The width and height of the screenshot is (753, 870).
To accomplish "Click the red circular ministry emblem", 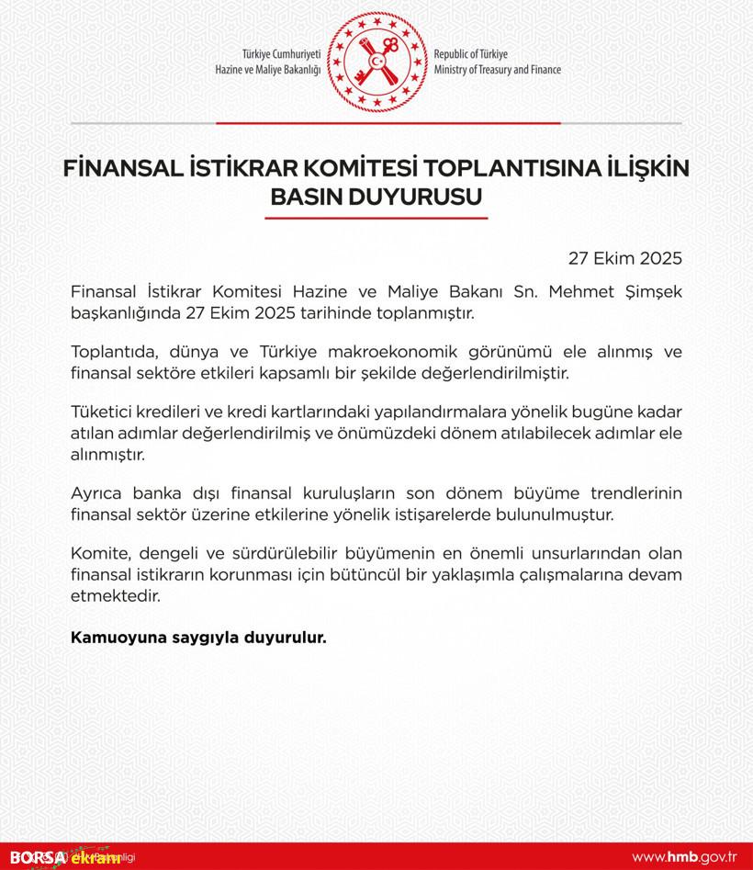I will tap(377, 61).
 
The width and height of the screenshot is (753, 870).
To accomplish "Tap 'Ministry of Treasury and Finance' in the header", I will tap(497, 70).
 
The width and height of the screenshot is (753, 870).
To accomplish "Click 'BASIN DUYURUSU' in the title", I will tap(376, 197).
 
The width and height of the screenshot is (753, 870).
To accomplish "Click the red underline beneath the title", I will tap(376, 218).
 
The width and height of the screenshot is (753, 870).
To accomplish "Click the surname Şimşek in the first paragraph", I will tap(654, 292).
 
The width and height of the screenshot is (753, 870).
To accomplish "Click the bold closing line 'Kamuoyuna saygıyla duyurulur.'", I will tap(198, 635).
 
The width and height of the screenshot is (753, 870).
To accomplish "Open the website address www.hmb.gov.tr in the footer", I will tap(685, 857).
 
